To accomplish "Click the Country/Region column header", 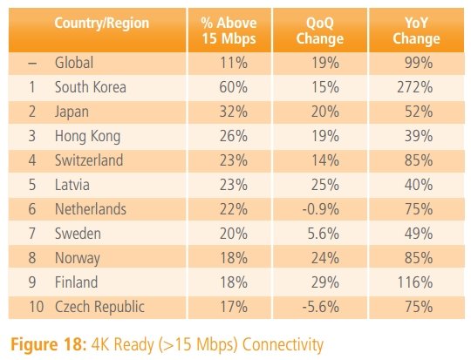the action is point(101,24).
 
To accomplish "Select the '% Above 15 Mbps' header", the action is point(229,31).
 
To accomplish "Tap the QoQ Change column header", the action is point(320,31).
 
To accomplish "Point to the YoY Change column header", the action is point(416,31).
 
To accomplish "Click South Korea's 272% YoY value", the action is point(415,87).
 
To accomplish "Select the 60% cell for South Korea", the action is point(234,87).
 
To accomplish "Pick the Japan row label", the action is point(72,112).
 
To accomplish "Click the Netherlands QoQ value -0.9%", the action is point(320,209).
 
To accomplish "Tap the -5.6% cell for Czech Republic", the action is point(320,307).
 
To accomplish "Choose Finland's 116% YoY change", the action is point(415,282).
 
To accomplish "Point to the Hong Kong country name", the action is point(88,136).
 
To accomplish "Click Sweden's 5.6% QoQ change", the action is point(324,234).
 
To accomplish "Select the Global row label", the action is point(74,63).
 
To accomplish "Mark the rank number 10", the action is point(37,307).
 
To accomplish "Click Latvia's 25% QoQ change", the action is point(325,185).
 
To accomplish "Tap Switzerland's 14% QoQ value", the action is point(325,160).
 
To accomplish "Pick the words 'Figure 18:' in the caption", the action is point(49,344).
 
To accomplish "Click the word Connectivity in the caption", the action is point(283,344).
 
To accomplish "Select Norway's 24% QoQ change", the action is point(325,258).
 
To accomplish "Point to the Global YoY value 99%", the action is point(419,63).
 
